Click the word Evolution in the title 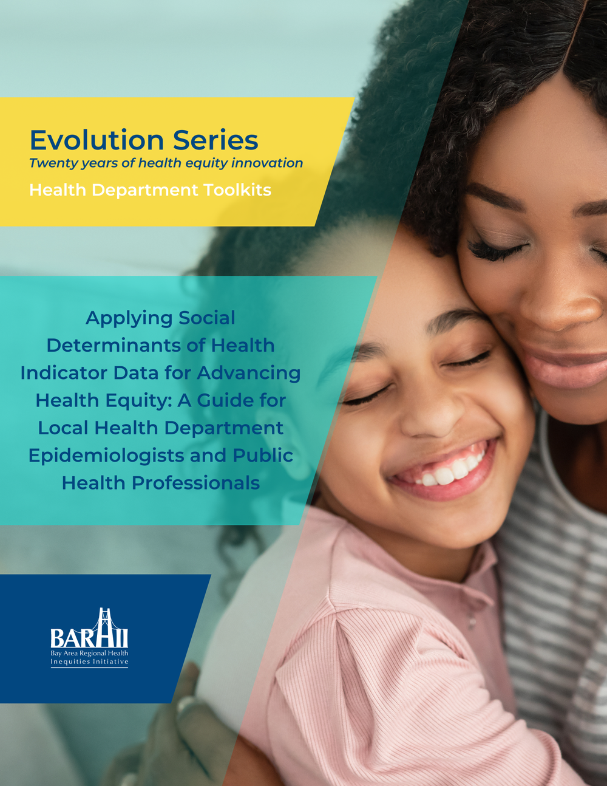click(x=97, y=140)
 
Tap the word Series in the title click(x=215, y=140)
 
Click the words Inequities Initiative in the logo click(x=89, y=661)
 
